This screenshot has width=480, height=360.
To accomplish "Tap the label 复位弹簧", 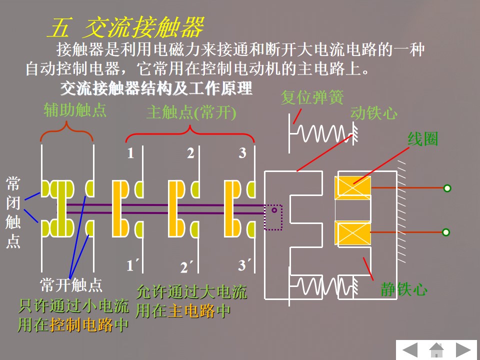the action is tap(312, 97).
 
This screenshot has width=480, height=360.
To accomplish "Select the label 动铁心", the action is tap(373, 113).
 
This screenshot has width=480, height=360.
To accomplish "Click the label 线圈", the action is tap(422, 139).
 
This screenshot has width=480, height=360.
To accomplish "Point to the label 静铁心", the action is tap(403, 289).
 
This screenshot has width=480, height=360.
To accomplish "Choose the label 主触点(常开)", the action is tap(191, 113).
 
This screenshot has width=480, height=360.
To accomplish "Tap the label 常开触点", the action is tap(71, 285).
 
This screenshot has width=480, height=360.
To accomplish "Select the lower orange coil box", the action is tap(352, 233).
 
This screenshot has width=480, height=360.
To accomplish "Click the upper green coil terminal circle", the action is tap(447, 188).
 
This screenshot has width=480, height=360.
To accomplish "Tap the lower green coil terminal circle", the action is tap(446, 232).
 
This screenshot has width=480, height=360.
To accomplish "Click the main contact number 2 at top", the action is tap(190, 153).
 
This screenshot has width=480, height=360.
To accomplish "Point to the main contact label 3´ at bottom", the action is tap(244, 265).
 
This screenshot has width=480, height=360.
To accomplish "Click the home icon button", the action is tap(436, 349).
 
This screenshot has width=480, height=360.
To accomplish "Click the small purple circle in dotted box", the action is tap(274, 210).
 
